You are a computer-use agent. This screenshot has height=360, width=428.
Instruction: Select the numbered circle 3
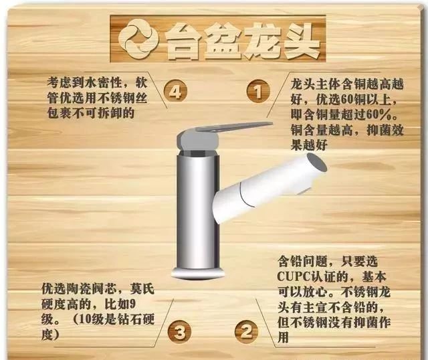(179, 330)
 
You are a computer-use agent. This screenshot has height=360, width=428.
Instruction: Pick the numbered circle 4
(175, 92)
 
